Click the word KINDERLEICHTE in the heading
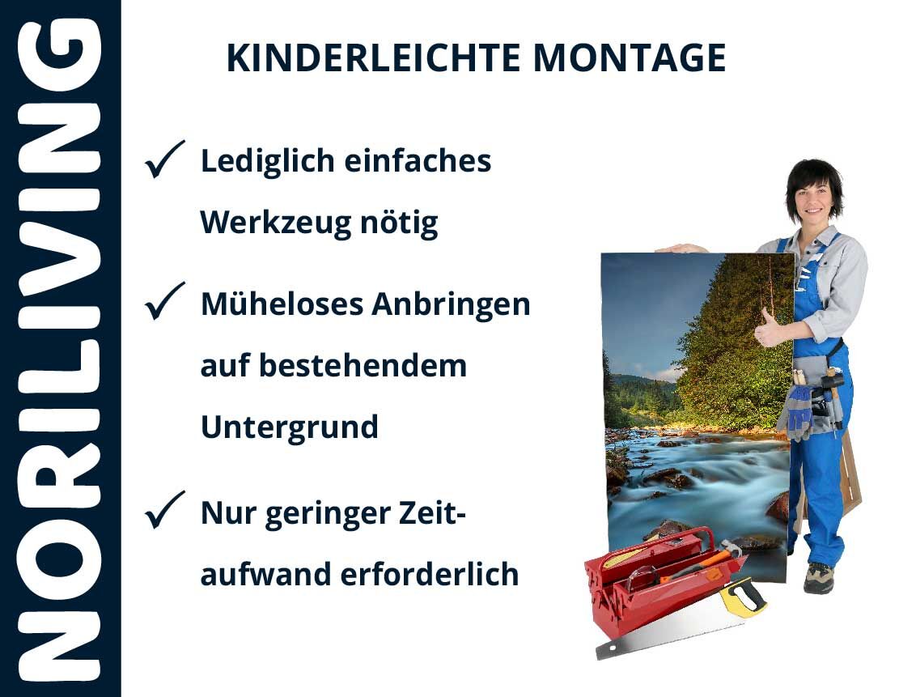click(373, 57)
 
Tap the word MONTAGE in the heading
click(630, 57)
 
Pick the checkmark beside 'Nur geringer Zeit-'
click(164, 510)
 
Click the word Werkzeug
click(275, 223)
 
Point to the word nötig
click(399, 223)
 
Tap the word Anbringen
click(451, 304)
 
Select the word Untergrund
click(290, 427)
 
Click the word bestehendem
click(363, 366)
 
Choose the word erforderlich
click(430, 574)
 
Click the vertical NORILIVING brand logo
click(60, 349)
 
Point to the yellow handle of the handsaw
click(743, 596)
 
